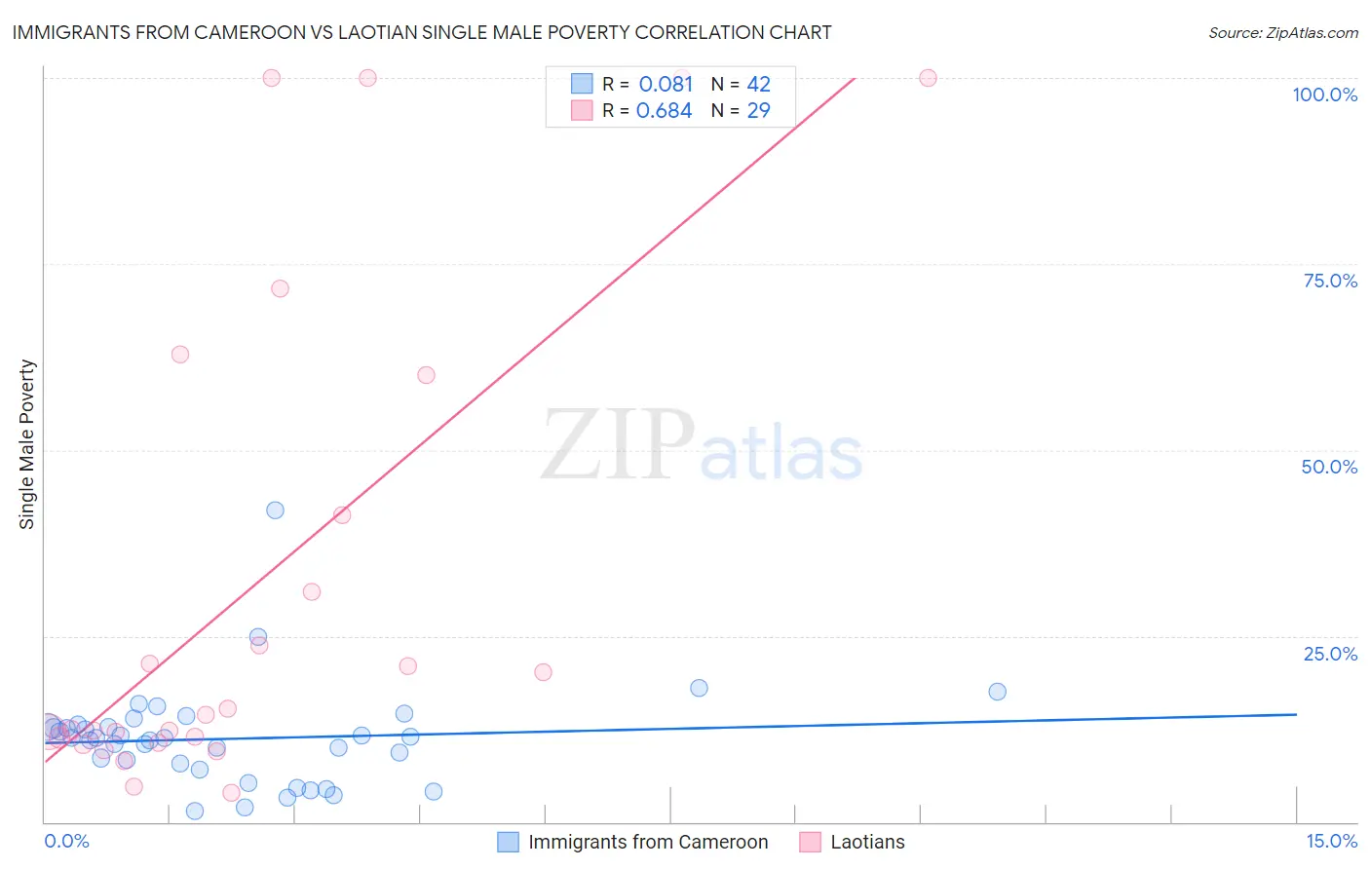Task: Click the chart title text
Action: pyautogui.click(x=421, y=32)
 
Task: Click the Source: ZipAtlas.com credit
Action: pyautogui.click(x=1282, y=32)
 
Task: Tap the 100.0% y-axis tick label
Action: pyautogui.click(x=1324, y=94)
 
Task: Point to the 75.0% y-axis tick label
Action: pyautogui.click(x=1330, y=281)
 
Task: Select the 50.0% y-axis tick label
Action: pyautogui.click(x=1329, y=467)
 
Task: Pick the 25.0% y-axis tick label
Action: pyautogui.click(x=1330, y=653)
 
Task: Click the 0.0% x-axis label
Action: pyautogui.click(x=66, y=841)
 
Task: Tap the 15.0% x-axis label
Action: pyautogui.click(x=1331, y=841)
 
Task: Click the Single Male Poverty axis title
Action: pyautogui.click(x=27, y=444)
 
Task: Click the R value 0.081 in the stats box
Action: pyautogui.click(x=666, y=84)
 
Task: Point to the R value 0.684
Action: pyautogui.click(x=664, y=110)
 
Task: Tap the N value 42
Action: pyautogui.click(x=758, y=84)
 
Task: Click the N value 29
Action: pyautogui.click(x=758, y=110)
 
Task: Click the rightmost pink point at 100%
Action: pyautogui.click(x=928, y=78)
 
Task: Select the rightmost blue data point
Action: pyautogui.click(x=997, y=692)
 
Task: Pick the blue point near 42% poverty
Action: pyautogui.click(x=275, y=510)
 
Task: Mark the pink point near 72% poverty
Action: pyautogui.click(x=280, y=288)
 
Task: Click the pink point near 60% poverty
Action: pyautogui.click(x=426, y=375)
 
